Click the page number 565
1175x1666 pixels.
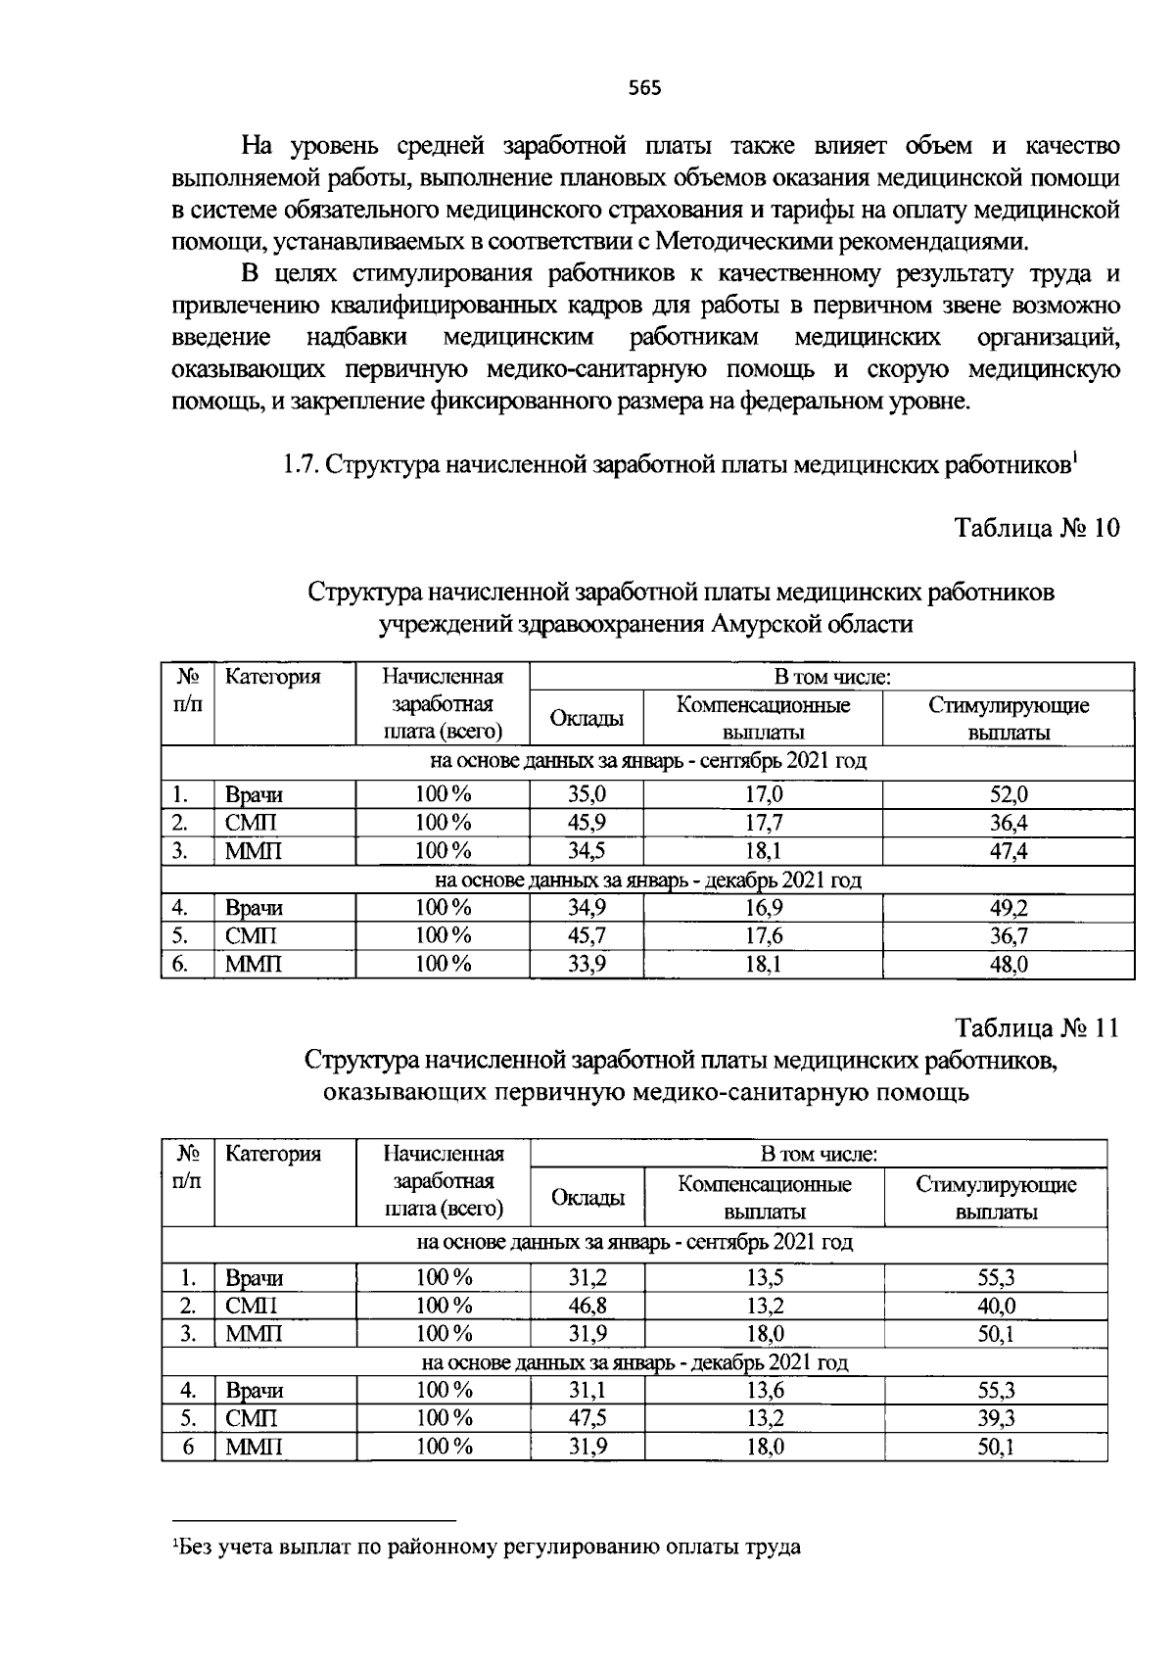[x=644, y=88]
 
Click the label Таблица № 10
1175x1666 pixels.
[x=1036, y=529]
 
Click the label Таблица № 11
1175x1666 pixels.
[x=1036, y=1028]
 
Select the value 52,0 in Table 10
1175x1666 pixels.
[x=1009, y=795]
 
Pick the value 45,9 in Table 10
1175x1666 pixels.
[x=587, y=824]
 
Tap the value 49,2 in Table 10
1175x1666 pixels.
[x=1009, y=908]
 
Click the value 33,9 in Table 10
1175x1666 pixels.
[x=587, y=965]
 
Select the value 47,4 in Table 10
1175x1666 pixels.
[x=1009, y=851]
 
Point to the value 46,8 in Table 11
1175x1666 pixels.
[x=587, y=1306]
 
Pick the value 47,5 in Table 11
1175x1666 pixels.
[x=587, y=1418]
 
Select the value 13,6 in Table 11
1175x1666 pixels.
[x=765, y=1390]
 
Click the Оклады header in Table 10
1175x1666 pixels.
[x=587, y=719]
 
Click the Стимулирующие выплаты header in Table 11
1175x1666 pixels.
[x=996, y=1198]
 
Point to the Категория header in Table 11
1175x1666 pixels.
[x=273, y=1154]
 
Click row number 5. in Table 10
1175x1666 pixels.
[x=179, y=936]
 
